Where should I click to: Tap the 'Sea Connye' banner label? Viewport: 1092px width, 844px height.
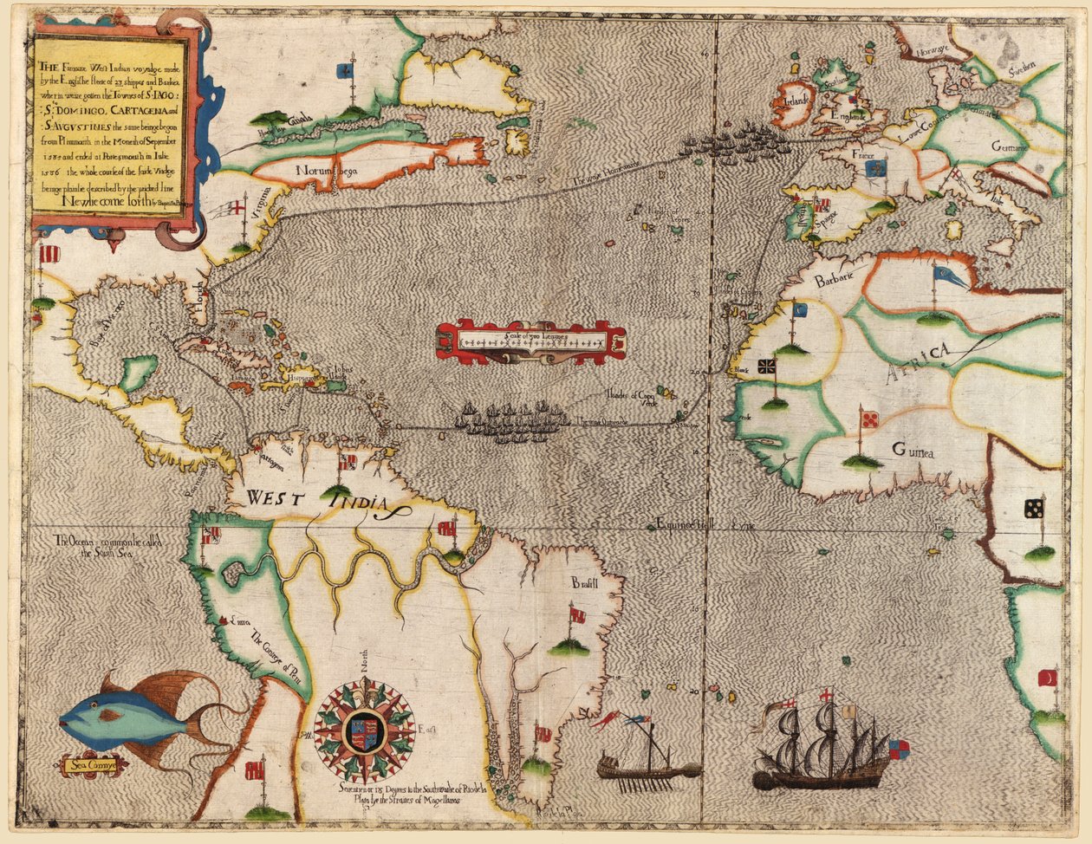click(94, 765)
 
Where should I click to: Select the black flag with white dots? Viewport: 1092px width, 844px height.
click(1033, 509)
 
